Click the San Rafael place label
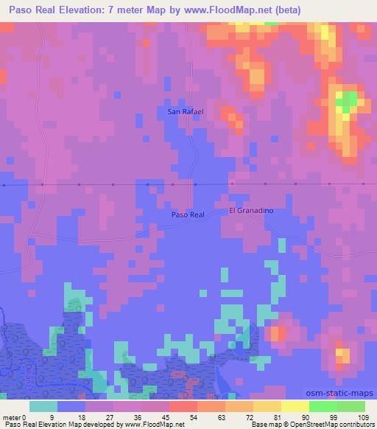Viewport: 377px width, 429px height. [x=186, y=111]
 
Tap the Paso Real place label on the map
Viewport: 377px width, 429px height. [x=187, y=214]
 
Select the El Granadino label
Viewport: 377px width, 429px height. [x=251, y=210]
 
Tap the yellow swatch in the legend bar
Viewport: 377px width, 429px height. [x=295, y=406]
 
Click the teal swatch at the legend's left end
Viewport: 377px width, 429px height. [x=43, y=406]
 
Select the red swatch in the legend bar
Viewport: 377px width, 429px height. [x=183, y=406]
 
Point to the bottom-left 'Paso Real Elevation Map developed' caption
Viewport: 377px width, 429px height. [x=94, y=425]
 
